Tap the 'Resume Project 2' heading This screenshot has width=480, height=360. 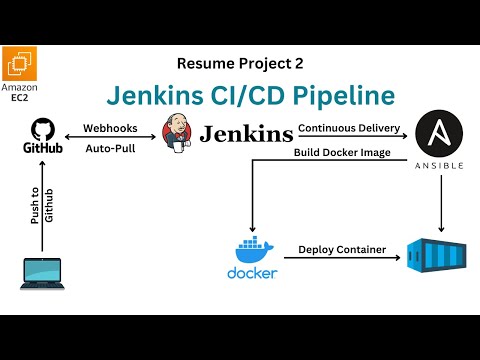pyautogui.click(x=240, y=63)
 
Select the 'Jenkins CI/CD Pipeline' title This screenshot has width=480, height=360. pyautogui.click(x=250, y=97)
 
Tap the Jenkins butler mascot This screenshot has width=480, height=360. pyautogui.click(x=178, y=134)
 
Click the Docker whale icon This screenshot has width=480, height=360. pyautogui.click(x=253, y=248)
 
